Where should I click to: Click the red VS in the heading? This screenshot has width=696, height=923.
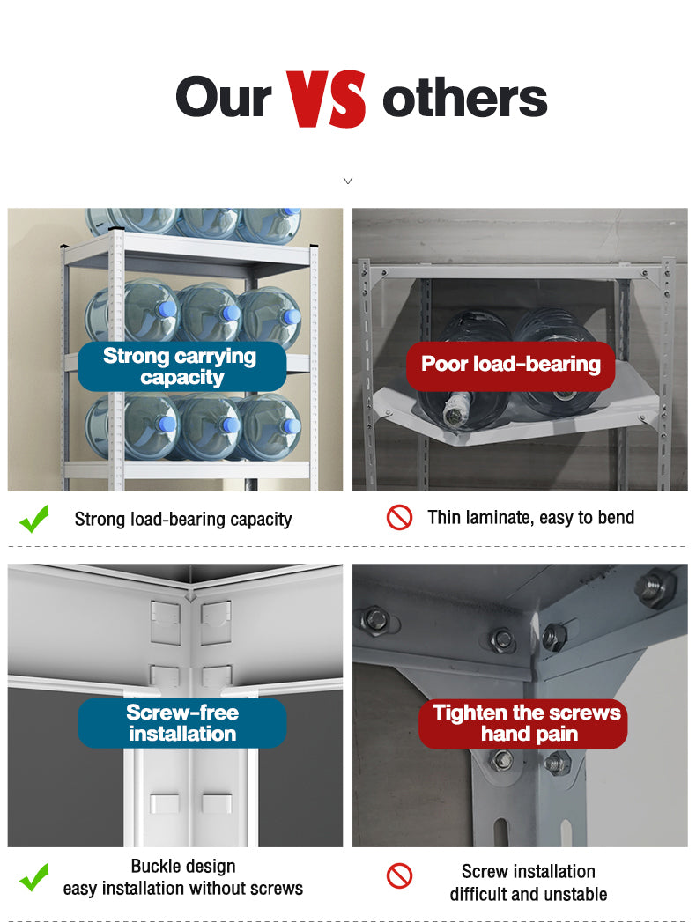326,99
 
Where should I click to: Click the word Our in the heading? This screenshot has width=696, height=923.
223,98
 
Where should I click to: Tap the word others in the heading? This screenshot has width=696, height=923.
464,99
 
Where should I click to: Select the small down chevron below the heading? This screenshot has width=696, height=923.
348,181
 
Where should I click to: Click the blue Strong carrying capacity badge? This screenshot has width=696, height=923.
182,366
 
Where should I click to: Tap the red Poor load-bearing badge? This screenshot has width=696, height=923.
510,365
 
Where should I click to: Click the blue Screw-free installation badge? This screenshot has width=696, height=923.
182,723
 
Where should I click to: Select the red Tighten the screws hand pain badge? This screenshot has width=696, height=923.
523,723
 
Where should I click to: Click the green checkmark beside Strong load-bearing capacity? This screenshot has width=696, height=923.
34,519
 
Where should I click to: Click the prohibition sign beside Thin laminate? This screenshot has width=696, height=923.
399,517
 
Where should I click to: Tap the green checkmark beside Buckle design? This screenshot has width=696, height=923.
34,877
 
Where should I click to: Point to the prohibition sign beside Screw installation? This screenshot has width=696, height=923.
399,876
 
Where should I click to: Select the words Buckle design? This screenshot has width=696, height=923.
183,867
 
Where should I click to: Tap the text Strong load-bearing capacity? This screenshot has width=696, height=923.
183,520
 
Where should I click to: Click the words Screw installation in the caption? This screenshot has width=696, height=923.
529,871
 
